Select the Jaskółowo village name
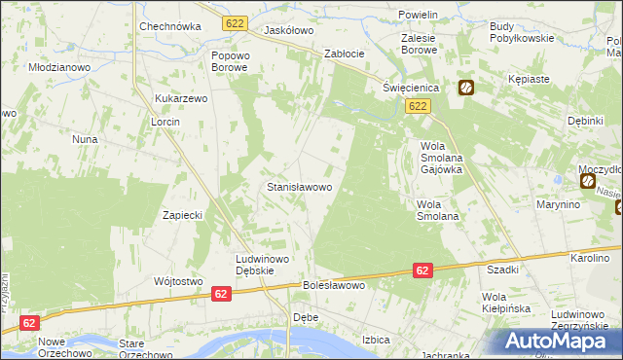pyautogui.click(x=288, y=30)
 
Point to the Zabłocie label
pyautogui.click(x=344, y=54)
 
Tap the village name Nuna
pyautogui.click(x=84, y=139)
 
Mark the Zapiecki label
pyautogui.click(x=181, y=215)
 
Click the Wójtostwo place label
pyautogui.click(x=177, y=281)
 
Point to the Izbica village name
pyautogui.click(x=376, y=340)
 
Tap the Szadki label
pyautogui.click(x=502, y=270)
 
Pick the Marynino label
pyautogui.click(x=558, y=205)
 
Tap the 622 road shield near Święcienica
pyautogui.click(x=419, y=106)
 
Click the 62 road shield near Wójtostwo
pyautogui.click(x=221, y=293)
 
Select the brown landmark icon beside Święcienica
pyautogui.click(x=466, y=88)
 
